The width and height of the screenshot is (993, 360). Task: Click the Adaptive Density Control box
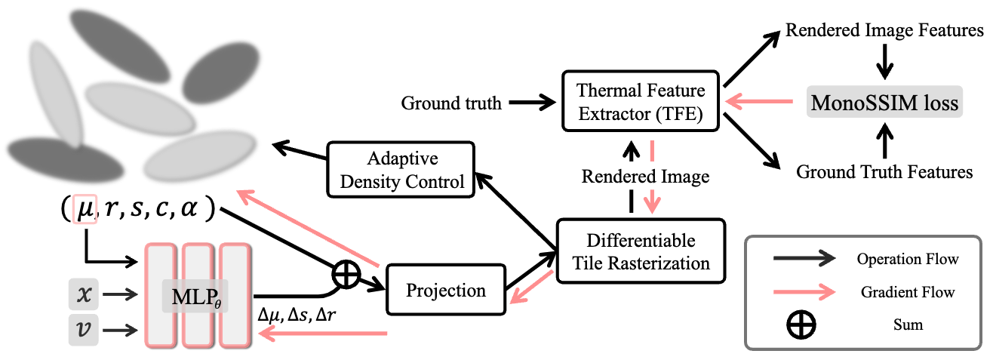coord(402,171)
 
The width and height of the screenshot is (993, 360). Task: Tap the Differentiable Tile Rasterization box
coord(640,252)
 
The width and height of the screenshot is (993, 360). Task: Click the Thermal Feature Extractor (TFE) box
coord(641,102)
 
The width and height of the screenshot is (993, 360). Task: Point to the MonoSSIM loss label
coord(884,102)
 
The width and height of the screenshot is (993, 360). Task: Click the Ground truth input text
coord(451,103)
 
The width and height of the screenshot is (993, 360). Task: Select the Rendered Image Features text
coord(884,31)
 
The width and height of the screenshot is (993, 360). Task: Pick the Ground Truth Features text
coord(884,173)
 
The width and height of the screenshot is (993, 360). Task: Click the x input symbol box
coord(83,294)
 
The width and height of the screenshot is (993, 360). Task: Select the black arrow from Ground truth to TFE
coord(532,103)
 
